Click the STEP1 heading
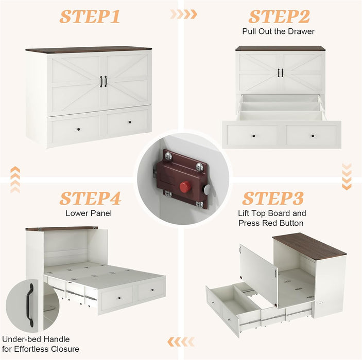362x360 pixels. [90, 16]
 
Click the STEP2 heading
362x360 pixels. [279, 16]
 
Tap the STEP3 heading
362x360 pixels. [273, 199]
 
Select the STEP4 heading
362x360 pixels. [90, 199]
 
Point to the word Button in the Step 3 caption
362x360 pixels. [291, 223]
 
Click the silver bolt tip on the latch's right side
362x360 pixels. [207, 189]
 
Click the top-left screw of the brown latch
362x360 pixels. [168, 157]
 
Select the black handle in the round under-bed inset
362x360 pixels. [31, 305]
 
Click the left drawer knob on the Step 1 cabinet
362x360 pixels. [78, 129]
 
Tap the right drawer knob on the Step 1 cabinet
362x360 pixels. [130, 122]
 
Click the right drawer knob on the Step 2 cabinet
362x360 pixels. [313, 136]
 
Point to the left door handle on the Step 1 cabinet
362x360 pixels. [101, 82]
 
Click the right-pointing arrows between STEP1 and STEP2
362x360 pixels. [183, 14]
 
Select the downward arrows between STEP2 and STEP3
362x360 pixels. [347, 176]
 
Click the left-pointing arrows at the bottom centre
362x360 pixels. [181, 342]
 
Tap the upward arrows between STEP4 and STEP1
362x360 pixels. [15, 179]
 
